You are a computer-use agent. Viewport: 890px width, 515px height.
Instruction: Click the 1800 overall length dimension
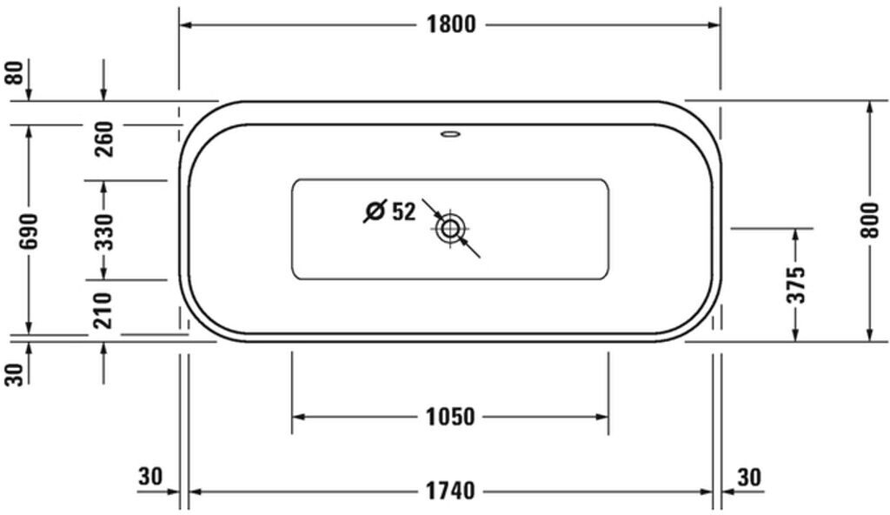(x=450, y=24)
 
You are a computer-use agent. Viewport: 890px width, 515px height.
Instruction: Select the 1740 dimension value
(x=450, y=492)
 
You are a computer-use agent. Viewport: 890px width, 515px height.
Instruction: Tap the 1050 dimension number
(x=450, y=418)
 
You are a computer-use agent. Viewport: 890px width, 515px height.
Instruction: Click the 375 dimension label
(x=796, y=284)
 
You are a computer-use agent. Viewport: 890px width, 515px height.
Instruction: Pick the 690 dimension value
(x=29, y=231)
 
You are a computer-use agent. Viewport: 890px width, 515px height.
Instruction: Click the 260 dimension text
(x=104, y=139)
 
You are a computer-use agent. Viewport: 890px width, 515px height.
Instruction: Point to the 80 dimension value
(x=14, y=72)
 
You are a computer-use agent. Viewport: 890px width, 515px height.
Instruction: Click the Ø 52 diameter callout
(x=390, y=211)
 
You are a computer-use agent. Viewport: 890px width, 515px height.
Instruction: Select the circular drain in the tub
(x=450, y=230)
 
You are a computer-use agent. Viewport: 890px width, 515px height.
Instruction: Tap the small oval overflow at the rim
(x=450, y=135)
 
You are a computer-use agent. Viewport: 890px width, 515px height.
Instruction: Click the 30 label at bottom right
(x=749, y=477)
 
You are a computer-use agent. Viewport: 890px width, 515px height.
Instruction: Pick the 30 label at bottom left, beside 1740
(x=150, y=477)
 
